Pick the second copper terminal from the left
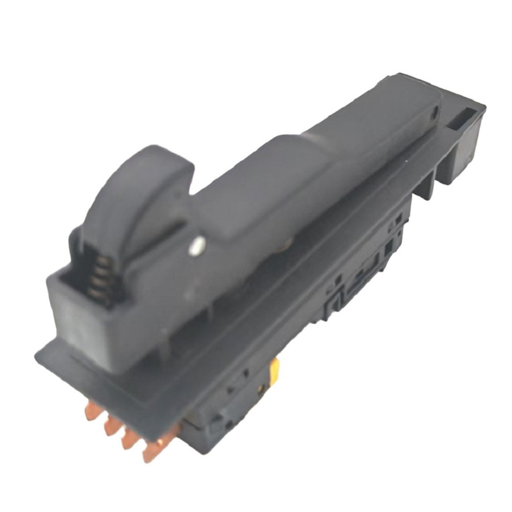tap(112, 424)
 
